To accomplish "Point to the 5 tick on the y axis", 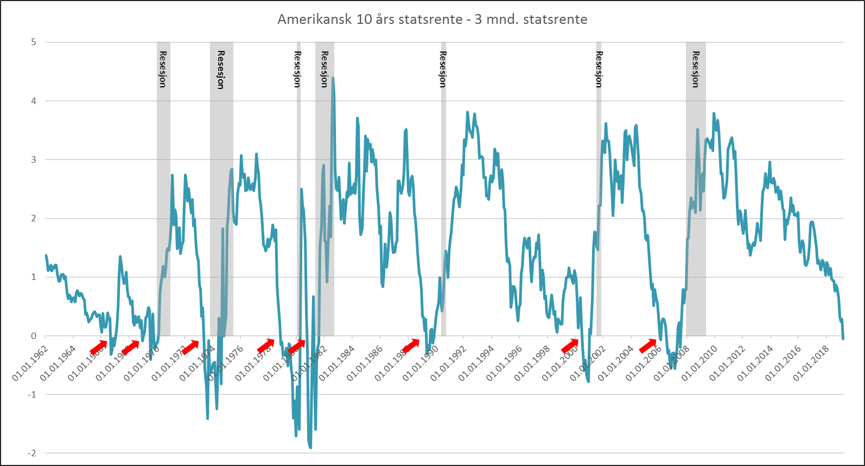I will coord(34,42).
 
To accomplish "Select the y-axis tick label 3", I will coord(34,159).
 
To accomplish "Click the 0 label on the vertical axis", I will coord(34,336).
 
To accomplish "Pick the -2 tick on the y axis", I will coord(32,453).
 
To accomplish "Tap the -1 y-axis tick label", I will coord(32,394).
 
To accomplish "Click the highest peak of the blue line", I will coord(333,79).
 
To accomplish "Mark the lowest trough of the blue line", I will coord(310,448).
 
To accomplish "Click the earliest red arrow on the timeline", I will coord(99,347).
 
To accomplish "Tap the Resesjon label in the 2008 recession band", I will coord(696,69).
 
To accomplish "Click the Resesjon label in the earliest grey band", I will coord(163,69).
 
